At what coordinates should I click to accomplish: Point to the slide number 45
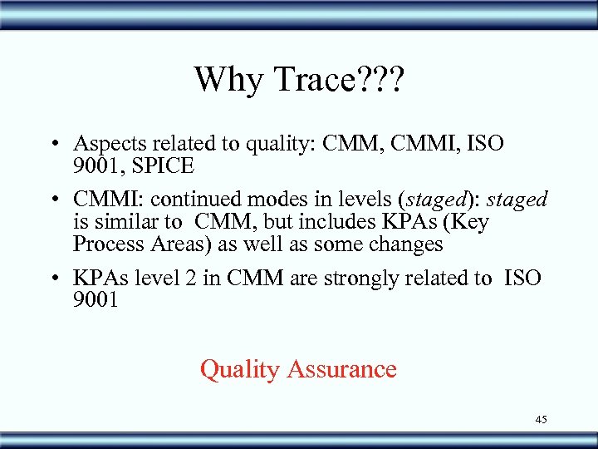(541, 419)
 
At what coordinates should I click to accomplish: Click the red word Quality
(239, 369)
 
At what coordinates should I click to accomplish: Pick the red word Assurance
(341, 369)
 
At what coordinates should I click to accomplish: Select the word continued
(189, 200)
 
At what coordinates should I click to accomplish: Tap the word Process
(106, 244)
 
